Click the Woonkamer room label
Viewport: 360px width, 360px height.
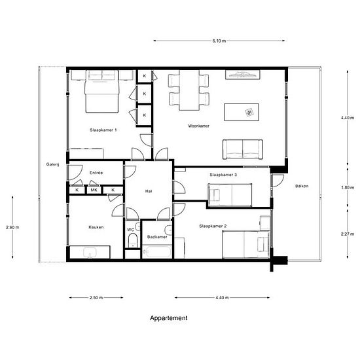tap(198, 126)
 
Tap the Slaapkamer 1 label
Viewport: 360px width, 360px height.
tap(103, 130)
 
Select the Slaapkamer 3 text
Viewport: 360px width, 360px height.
tap(223, 175)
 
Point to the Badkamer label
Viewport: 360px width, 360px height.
tap(157, 237)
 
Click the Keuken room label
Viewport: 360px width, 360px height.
tap(96, 227)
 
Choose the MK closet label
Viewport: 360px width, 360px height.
tap(94, 190)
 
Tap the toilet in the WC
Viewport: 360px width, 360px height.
tap(132, 240)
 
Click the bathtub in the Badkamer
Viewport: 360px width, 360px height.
tap(156, 251)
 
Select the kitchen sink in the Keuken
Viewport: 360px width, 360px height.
tap(90, 253)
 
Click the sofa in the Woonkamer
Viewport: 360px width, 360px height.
tap(243, 149)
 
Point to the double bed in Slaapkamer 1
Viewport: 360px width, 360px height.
tap(102, 92)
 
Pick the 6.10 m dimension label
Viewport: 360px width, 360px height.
tap(219, 41)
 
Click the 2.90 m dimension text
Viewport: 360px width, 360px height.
tap(12, 228)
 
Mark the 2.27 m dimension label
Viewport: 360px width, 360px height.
tap(348, 234)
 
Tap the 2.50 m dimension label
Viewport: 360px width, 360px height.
tap(96, 298)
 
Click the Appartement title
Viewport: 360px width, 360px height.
tap(169, 318)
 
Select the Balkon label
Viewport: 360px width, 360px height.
tap(302, 186)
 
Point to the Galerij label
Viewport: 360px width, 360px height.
tap(53, 164)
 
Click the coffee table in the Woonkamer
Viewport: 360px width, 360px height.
tap(242, 112)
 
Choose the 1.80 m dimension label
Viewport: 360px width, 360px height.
tap(348, 188)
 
